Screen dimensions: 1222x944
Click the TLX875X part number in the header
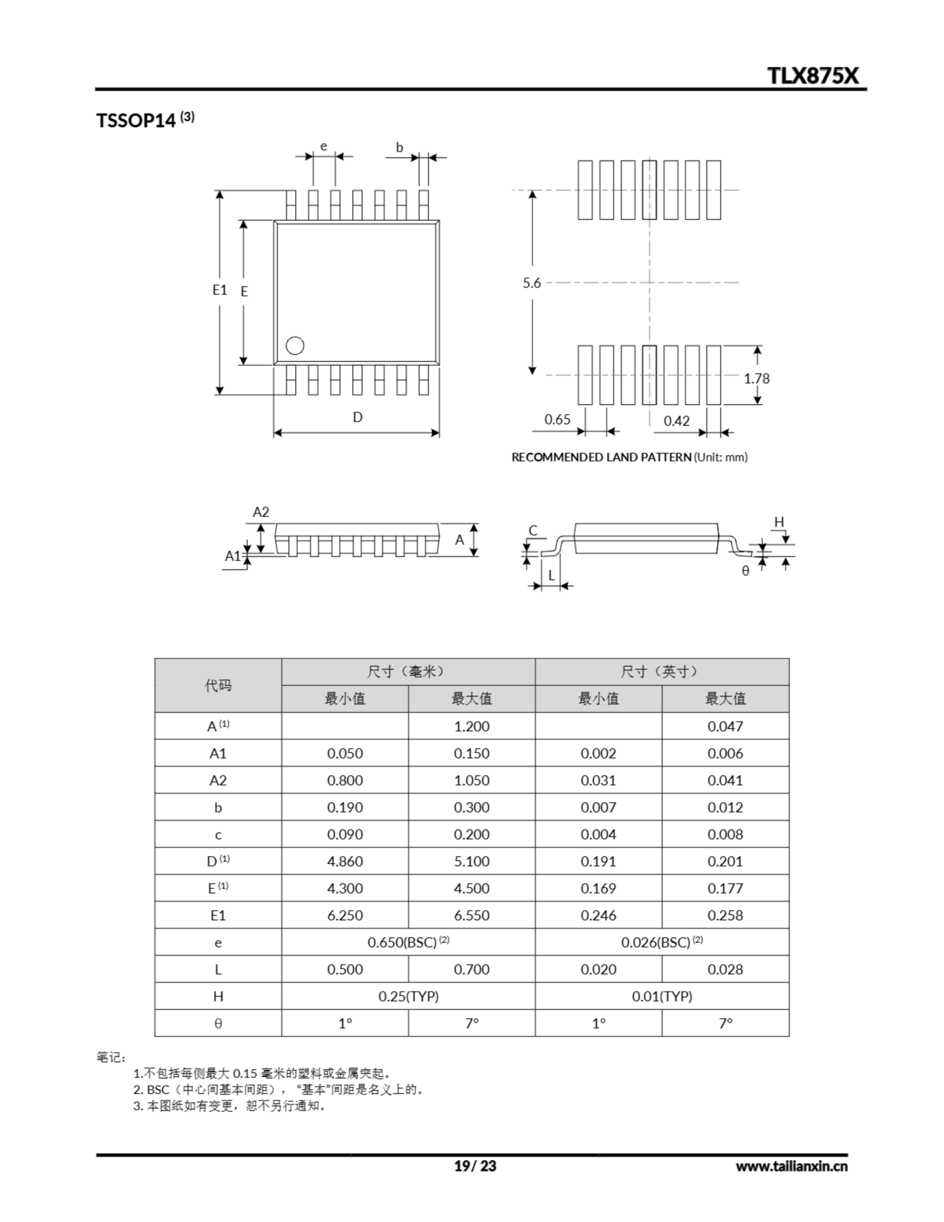(812, 75)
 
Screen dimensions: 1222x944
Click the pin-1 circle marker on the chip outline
(295, 346)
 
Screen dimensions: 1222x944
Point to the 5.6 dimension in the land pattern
(532, 283)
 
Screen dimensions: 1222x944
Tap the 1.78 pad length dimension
(756, 379)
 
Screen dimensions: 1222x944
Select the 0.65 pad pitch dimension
(557, 419)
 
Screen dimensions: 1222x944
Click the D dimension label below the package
(357, 417)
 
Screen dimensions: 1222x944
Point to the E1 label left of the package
(220, 290)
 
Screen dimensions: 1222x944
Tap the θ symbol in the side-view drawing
(745, 571)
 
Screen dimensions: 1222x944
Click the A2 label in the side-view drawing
(261, 512)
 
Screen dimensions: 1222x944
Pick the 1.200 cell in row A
(471, 726)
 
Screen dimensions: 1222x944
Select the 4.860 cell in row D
(345, 861)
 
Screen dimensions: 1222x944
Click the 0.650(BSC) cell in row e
(408, 942)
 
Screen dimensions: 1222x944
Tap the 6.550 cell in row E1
(471, 916)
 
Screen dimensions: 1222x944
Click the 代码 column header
(218, 685)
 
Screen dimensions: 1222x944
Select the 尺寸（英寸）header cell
(661, 672)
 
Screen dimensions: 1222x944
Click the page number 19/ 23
(474, 1166)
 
